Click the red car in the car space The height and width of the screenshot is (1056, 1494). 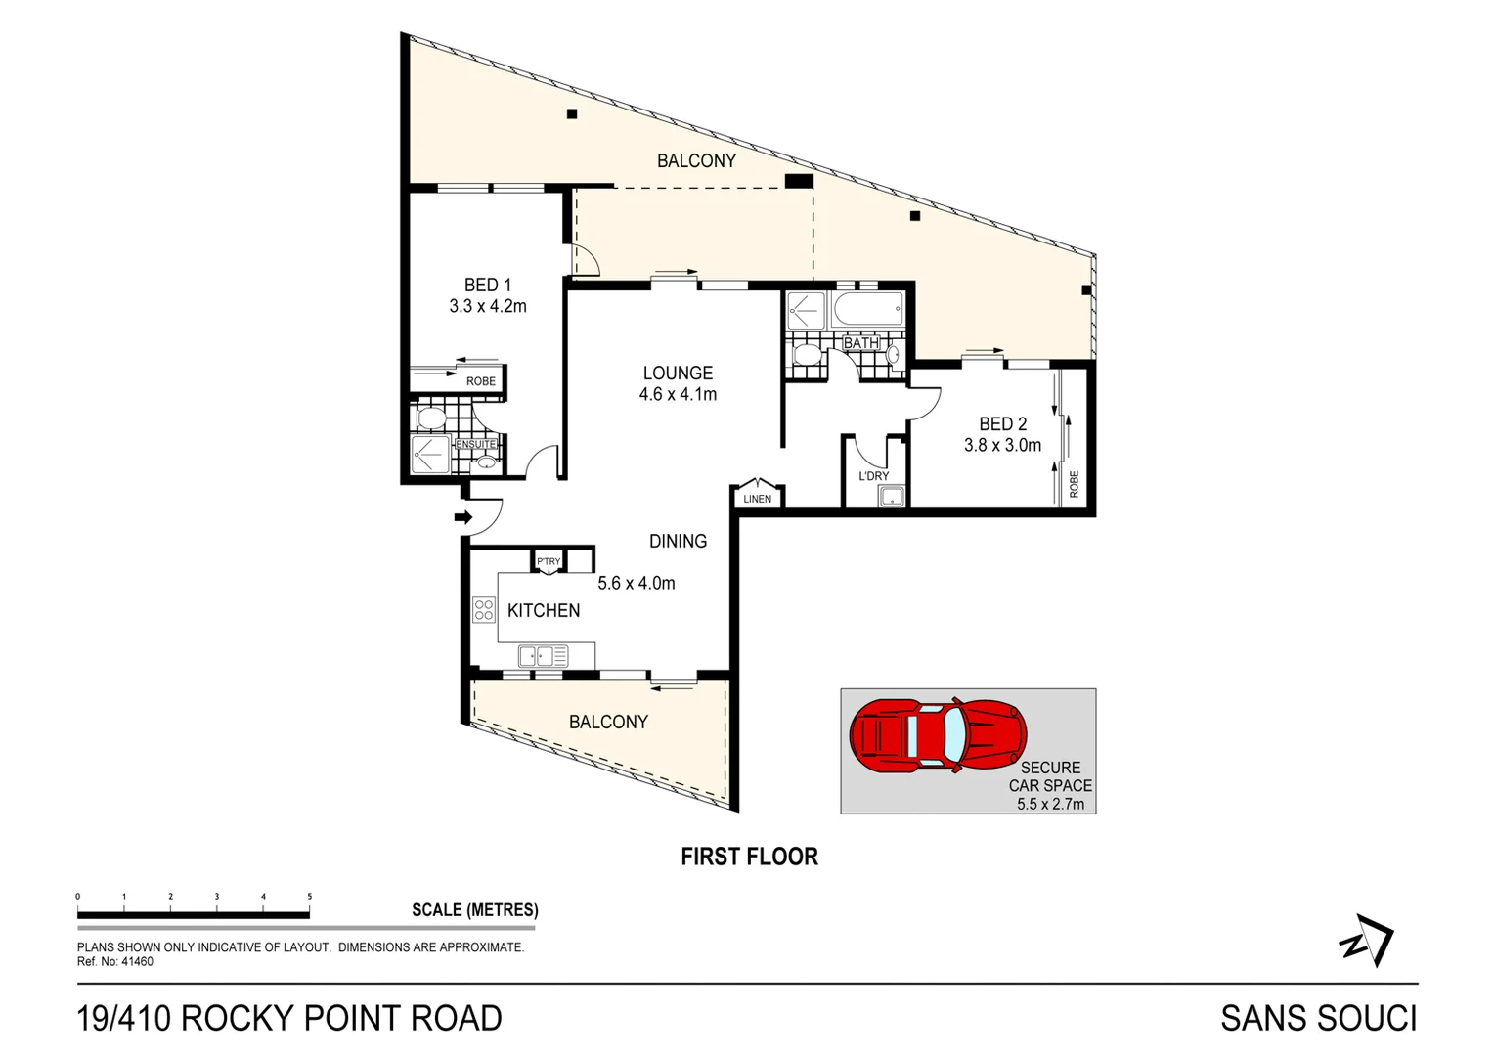tap(937, 734)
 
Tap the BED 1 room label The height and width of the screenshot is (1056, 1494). tap(487, 286)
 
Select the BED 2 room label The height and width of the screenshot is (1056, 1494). tap(1002, 424)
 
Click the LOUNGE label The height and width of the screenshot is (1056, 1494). tap(678, 374)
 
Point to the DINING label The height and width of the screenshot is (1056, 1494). tap(678, 541)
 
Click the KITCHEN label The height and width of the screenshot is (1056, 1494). tap(544, 611)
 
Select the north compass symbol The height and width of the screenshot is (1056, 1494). tap(1367, 941)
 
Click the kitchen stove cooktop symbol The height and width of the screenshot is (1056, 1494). tap(484, 610)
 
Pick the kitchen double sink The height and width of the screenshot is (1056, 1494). tap(543, 656)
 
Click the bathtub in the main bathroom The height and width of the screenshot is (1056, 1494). tap(867, 312)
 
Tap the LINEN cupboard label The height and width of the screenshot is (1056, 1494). tap(757, 499)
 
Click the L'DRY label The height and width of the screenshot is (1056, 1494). tap(873, 476)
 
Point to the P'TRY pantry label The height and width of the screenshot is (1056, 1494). tap(549, 561)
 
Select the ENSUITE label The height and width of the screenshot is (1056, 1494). tap(476, 444)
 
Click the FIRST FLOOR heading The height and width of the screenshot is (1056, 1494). tap(749, 857)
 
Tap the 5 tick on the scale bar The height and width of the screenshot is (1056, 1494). tap(310, 897)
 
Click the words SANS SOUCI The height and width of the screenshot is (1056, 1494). tap(1318, 1019)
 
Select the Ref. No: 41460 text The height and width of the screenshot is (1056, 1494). tap(115, 962)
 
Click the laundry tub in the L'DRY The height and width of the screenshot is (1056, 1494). tap(892, 497)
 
